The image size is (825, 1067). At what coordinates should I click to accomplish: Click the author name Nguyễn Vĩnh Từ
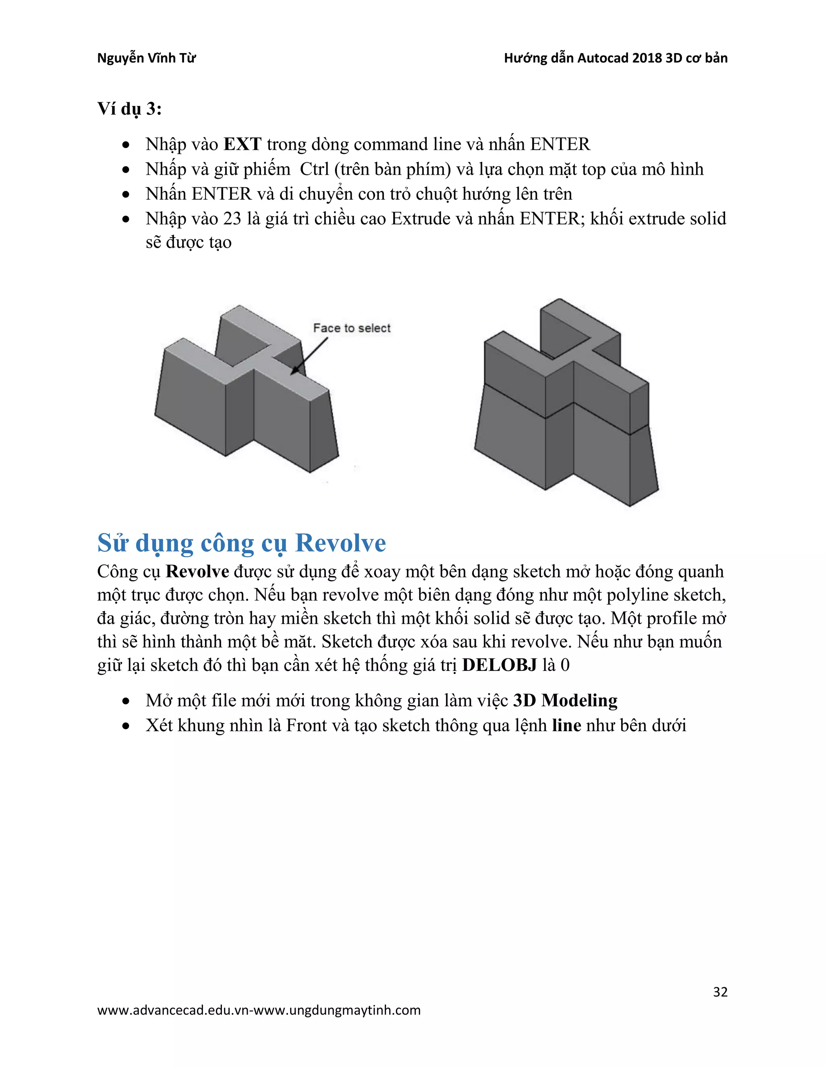click(146, 58)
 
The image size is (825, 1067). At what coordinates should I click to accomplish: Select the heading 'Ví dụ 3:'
click(129, 108)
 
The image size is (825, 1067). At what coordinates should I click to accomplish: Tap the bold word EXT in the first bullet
click(243, 145)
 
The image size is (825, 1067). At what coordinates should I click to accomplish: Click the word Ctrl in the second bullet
click(314, 169)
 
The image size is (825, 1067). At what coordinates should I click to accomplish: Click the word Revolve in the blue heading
click(341, 543)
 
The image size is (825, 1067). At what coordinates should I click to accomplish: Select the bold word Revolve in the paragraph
click(197, 572)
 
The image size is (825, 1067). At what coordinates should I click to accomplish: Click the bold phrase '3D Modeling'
click(565, 701)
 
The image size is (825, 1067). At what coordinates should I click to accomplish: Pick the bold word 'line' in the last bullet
click(566, 726)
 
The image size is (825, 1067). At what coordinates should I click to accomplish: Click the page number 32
click(720, 992)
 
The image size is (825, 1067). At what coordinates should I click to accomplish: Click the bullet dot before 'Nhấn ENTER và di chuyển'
click(126, 194)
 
